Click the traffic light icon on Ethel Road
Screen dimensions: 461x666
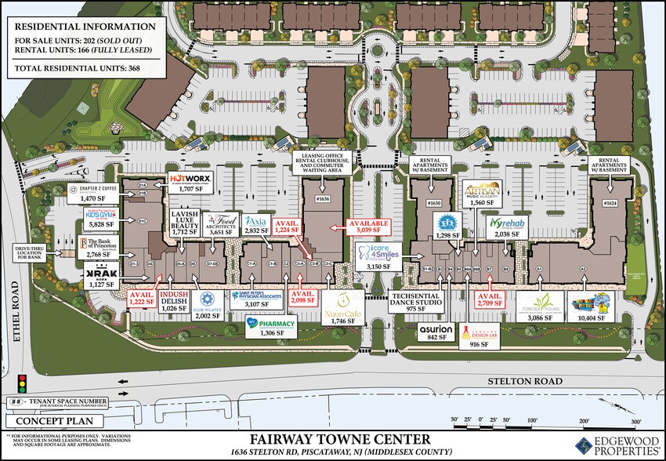tap(21, 384)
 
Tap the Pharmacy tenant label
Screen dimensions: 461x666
tap(270, 324)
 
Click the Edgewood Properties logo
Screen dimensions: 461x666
tap(619, 445)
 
